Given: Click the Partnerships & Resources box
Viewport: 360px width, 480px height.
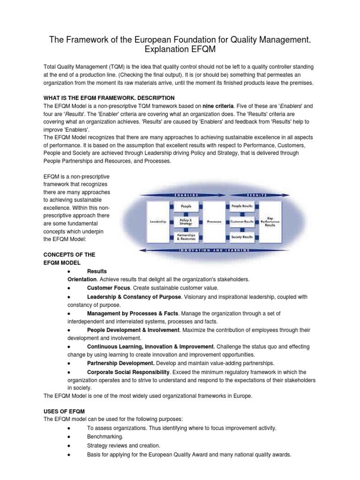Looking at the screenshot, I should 186,237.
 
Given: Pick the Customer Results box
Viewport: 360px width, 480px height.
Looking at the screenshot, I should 242,221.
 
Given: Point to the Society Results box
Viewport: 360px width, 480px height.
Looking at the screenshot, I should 242,237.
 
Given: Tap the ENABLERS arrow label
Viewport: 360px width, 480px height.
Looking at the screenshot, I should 187,194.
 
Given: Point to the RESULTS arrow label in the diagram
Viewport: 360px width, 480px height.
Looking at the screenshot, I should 256,194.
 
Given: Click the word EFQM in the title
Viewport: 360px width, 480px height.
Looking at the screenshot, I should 203,49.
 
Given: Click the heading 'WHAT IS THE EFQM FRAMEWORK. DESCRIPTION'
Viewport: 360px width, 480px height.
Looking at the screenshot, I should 109,97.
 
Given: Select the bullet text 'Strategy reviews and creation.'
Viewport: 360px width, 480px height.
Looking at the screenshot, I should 124,445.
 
